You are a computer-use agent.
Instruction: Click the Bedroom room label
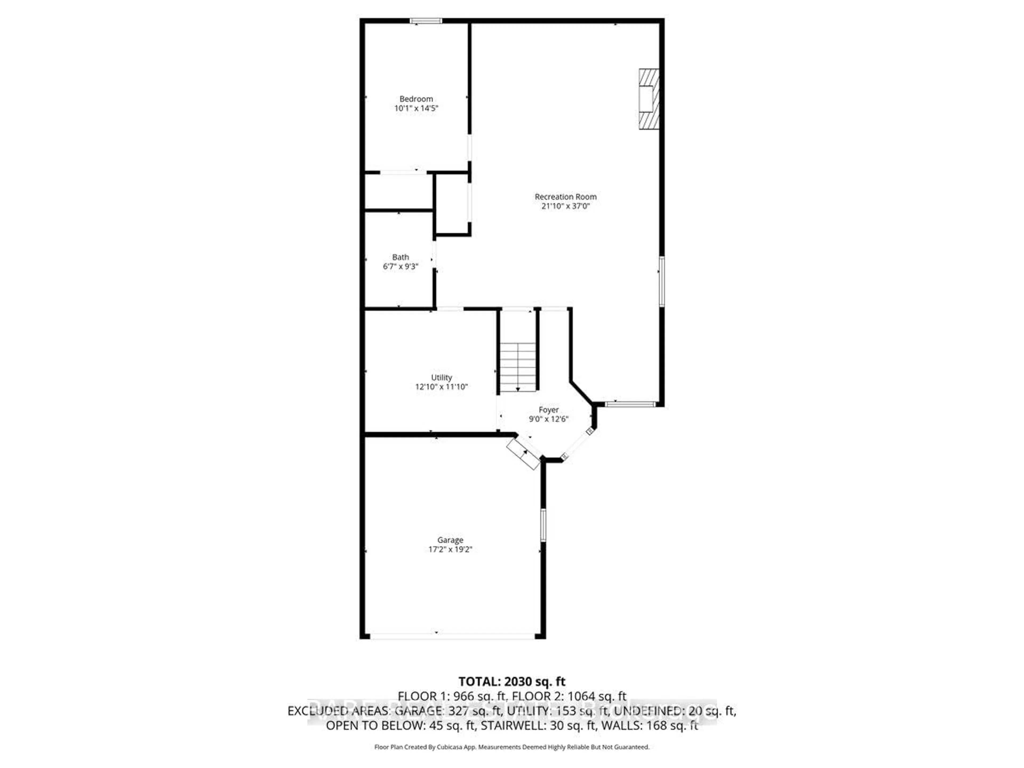tap(416, 99)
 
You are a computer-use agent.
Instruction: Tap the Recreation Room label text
tap(565, 197)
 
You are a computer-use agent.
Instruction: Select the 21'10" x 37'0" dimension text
tap(565, 206)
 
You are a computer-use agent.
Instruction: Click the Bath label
tap(401, 257)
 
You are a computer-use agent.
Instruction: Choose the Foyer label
tap(549, 410)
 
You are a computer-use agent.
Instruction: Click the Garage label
tap(450, 540)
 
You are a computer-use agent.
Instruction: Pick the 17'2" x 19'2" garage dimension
tap(450, 550)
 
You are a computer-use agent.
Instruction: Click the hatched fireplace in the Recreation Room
tap(649, 99)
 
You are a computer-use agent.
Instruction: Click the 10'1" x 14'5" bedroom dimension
tap(416, 108)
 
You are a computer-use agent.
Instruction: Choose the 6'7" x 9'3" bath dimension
tap(401, 267)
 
